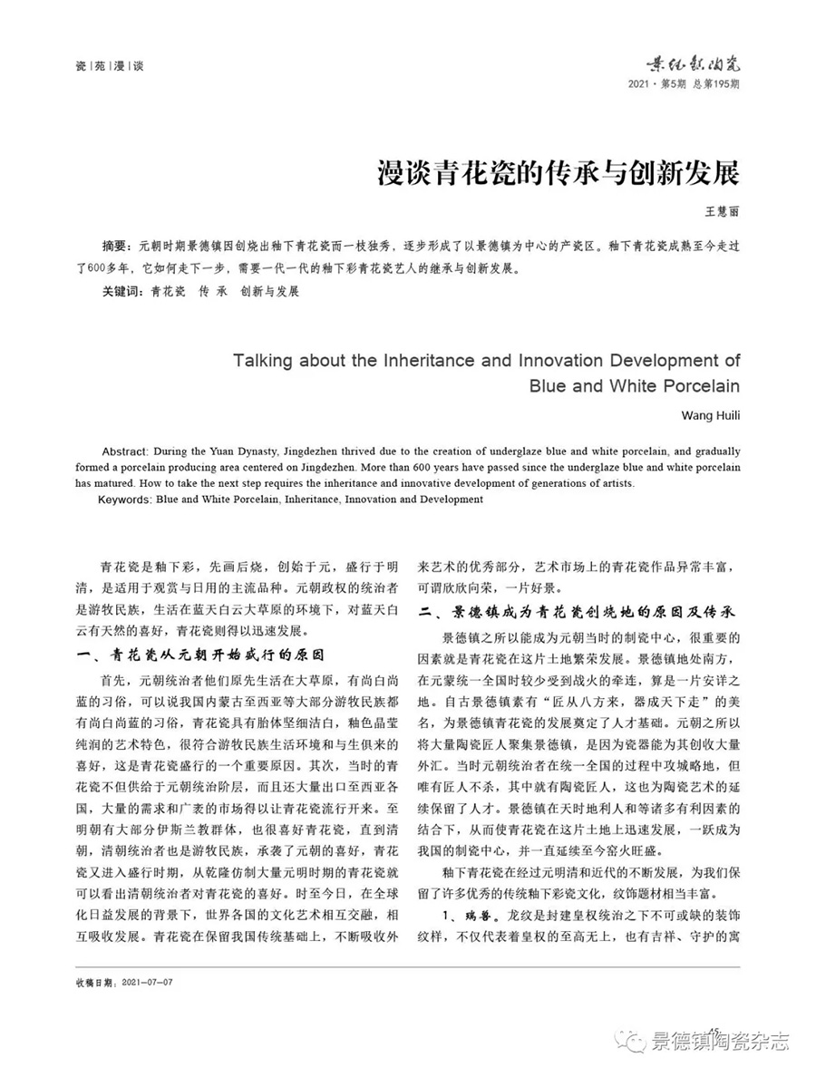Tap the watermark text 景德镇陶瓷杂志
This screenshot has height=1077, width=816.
coord(719,1042)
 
